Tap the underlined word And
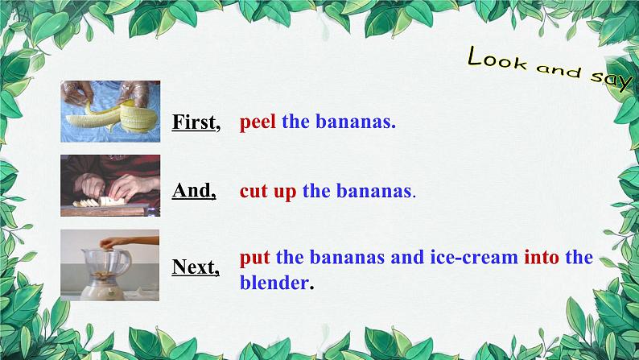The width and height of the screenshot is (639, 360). (x=194, y=190)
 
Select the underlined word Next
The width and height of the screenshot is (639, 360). (x=196, y=267)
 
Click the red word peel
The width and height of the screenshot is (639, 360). (x=258, y=122)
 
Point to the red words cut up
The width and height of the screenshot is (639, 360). (x=268, y=191)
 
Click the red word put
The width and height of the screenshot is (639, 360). (x=254, y=258)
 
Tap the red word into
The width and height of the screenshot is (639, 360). (x=541, y=257)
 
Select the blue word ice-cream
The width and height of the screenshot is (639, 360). (x=474, y=257)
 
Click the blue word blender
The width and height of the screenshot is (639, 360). (x=274, y=283)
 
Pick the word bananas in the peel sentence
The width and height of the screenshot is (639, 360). (x=356, y=122)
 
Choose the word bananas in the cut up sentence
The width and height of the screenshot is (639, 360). (x=373, y=191)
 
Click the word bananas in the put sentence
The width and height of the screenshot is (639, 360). (x=347, y=257)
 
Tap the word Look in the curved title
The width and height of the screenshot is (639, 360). (x=497, y=58)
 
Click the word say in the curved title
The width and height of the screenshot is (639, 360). (x=611, y=80)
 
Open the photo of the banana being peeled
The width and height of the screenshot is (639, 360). (x=110, y=111)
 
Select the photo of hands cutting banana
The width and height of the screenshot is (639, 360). (x=110, y=185)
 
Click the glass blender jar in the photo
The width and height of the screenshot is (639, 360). (x=107, y=265)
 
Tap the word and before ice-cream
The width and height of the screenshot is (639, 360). (x=407, y=257)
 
